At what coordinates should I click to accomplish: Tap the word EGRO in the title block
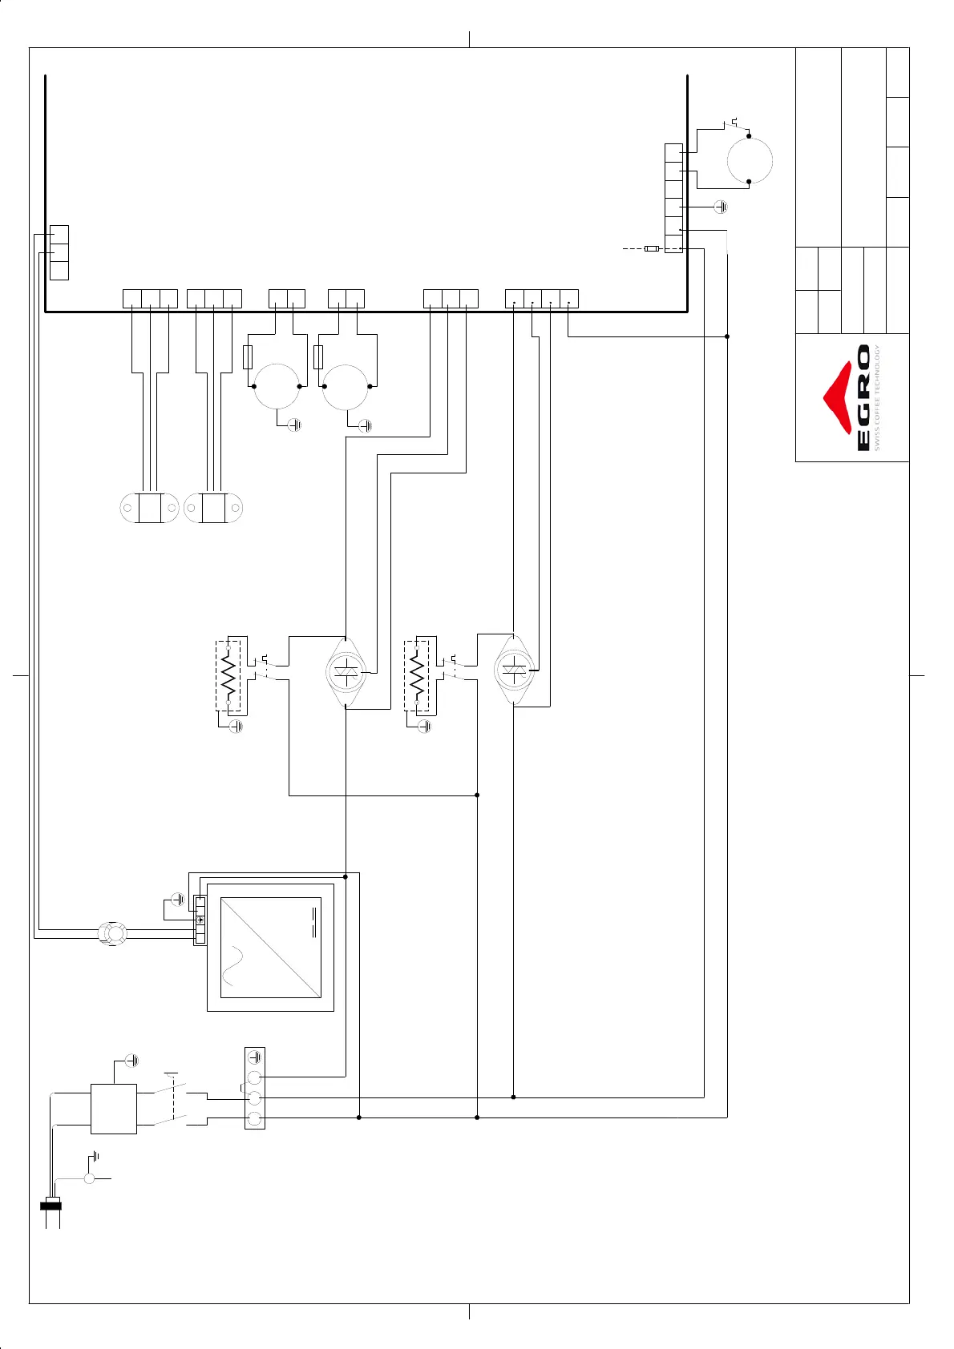point(863,398)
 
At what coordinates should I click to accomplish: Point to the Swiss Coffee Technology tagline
point(878,398)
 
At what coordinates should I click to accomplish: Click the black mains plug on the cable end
point(51,1205)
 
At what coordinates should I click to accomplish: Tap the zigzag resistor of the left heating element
point(229,675)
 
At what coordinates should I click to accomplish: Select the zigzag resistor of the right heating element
point(417,674)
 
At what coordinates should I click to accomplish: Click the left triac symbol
point(346,672)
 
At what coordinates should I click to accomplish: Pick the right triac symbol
point(514,670)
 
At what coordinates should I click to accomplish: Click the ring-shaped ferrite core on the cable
point(112,934)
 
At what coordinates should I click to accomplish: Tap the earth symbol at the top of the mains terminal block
point(255,1057)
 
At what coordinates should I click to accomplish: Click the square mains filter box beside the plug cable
point(114,1109)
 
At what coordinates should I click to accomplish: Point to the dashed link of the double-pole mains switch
point(172,1098)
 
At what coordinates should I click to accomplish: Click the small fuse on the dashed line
point(652,249)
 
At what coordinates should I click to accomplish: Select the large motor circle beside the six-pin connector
point(750,160)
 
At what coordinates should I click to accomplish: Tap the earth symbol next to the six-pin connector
point(721,207)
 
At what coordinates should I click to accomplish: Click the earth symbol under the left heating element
point(236,727)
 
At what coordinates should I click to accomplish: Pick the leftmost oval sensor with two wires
point(148,508)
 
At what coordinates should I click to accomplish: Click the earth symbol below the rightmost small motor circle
point(366,425)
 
